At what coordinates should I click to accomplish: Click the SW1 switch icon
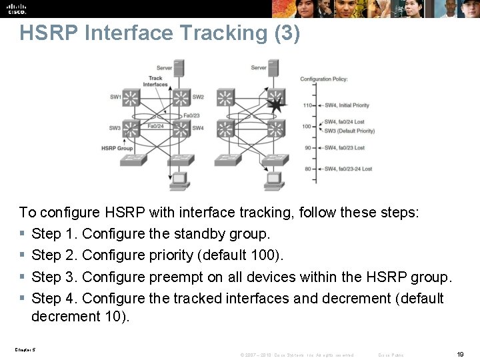tap(132, 97)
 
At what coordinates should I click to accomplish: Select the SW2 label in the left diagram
tap(198, 97)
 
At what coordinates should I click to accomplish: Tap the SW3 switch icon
tap(132, 127)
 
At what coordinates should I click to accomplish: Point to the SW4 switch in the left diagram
tap(181, 127)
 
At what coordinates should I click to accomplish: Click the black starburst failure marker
tap(275, 105)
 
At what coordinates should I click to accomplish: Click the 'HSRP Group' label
tap(117, 148)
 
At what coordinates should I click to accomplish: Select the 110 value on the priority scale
tap(307, 105)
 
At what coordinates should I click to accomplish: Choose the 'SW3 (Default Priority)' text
tap(349, 131)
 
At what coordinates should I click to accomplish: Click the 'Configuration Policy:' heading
tap(323, 79)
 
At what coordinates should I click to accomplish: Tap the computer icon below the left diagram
tap(178, 179)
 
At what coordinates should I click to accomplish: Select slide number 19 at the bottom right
tap(460, 355)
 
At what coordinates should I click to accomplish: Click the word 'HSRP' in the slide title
tap(43, 33)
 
